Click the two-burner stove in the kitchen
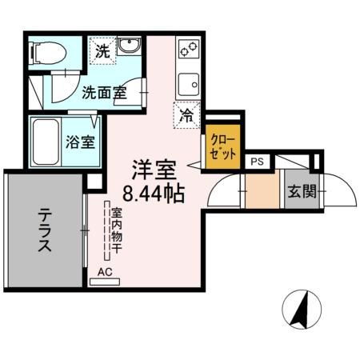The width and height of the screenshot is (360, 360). (x=187, y=51)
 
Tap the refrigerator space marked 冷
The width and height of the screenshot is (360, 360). (x=185, y=114)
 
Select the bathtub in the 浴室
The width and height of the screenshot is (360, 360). (x=46, y=142)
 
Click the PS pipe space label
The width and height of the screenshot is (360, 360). (x=257, y=162)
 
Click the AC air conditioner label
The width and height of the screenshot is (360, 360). (x=104, y=271)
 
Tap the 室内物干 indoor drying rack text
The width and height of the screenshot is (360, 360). (x=116, y=231)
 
